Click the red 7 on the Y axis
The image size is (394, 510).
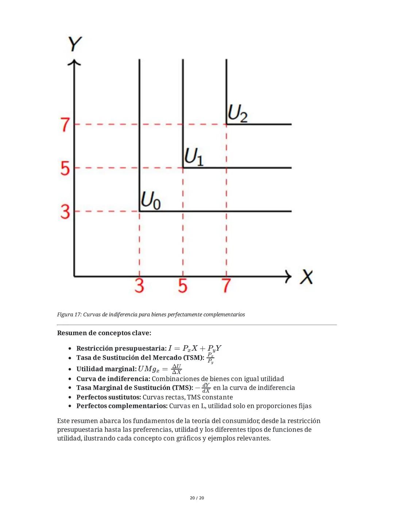tap(65, 124)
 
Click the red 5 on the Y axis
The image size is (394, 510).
tap(65, 168)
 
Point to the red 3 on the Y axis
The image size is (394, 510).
tap(65, 211)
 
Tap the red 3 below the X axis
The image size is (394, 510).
tap(139, 285)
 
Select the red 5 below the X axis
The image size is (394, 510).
tap(183, 285)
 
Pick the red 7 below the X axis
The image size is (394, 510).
tap(226, 285)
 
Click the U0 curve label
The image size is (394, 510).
tap(150, 200)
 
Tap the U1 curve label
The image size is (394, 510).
tap(194, 157)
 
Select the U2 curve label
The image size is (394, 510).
tap(237, 114)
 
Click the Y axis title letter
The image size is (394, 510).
tap(75, 44)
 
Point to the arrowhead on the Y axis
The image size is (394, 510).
tap(74, 63)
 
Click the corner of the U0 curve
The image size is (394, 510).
tap(140, 211)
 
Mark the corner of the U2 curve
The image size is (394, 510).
tap(227, 124)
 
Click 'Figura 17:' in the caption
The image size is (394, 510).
tap(69, 315)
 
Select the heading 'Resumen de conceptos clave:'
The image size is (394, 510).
tap(104, 333)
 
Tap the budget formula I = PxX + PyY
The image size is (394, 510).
tap(195, 349)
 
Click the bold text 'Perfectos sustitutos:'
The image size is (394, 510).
tap(108, 397)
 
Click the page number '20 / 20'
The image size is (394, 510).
tap(197, 498)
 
